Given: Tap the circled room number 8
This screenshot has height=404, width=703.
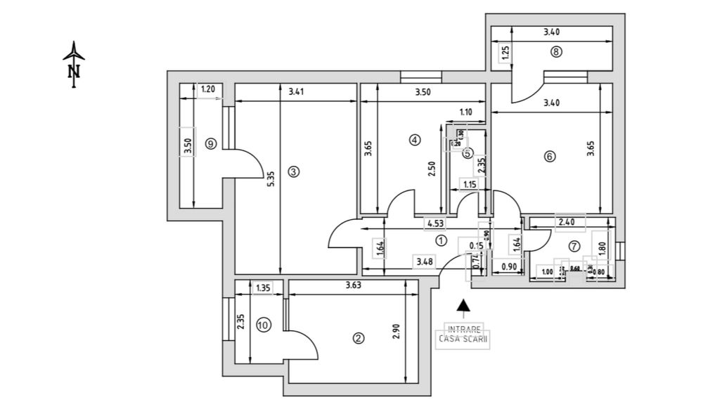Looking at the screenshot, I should (556, 51).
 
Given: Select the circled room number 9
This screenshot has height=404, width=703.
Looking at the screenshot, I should (209, 143).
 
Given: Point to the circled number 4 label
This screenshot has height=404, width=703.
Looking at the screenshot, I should (414, 141).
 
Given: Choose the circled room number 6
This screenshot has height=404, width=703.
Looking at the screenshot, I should (549, 157).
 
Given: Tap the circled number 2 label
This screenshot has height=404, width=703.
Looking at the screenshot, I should (358, 338).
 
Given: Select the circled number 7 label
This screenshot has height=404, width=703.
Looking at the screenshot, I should (574, 246).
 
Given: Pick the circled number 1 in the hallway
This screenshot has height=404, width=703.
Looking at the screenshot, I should (441, 240).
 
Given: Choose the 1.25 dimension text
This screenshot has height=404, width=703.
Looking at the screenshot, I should (504, 53).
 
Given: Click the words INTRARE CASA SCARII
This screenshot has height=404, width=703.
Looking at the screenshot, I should (464, 333).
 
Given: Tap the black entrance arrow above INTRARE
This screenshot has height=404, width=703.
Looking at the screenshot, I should (463, 305).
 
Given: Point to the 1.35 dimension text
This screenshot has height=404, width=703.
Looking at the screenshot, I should (264, 287).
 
